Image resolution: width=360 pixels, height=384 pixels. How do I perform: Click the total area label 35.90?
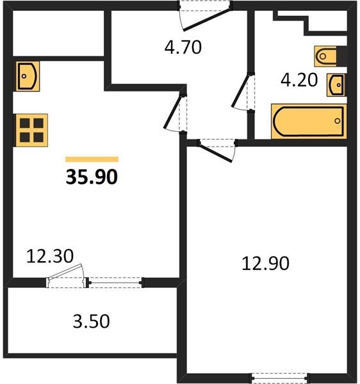point(92,176)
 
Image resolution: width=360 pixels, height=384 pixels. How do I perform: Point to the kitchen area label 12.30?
point(50,257)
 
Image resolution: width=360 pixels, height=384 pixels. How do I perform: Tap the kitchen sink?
point(26,75)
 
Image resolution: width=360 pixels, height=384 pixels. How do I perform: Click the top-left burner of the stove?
point(24,122)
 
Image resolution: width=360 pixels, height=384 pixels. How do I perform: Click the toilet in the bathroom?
point(328,56)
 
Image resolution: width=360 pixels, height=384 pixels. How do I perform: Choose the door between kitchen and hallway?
point(175,112)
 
